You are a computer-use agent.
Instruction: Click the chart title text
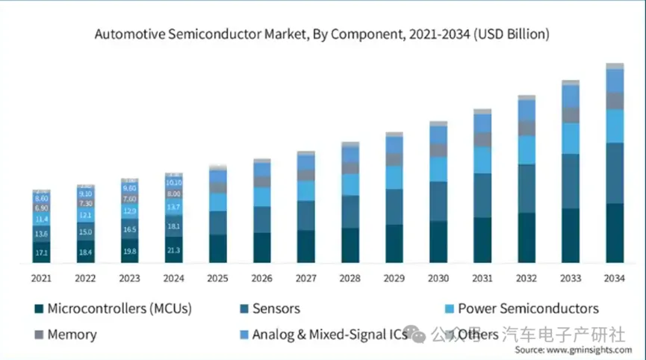322,34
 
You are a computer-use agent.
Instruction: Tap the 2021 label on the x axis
42,278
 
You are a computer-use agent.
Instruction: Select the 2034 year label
615,278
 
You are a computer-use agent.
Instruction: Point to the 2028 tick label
350,278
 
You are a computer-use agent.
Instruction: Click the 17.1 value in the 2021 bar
42,254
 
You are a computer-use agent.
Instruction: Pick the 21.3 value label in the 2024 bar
174,250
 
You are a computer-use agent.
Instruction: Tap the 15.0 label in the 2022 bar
86,232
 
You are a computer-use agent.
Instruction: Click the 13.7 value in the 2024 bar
174,207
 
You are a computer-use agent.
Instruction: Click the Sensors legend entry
276,308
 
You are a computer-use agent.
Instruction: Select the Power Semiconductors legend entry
527,308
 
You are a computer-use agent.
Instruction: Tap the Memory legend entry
72,334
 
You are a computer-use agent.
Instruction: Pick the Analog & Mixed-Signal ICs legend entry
329,334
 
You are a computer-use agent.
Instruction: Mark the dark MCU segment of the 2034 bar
615,233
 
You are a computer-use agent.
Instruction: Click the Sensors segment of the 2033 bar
571,181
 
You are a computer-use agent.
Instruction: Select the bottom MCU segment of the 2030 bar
438,241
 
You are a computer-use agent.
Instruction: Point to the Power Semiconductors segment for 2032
527,149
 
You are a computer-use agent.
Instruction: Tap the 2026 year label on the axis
262,278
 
